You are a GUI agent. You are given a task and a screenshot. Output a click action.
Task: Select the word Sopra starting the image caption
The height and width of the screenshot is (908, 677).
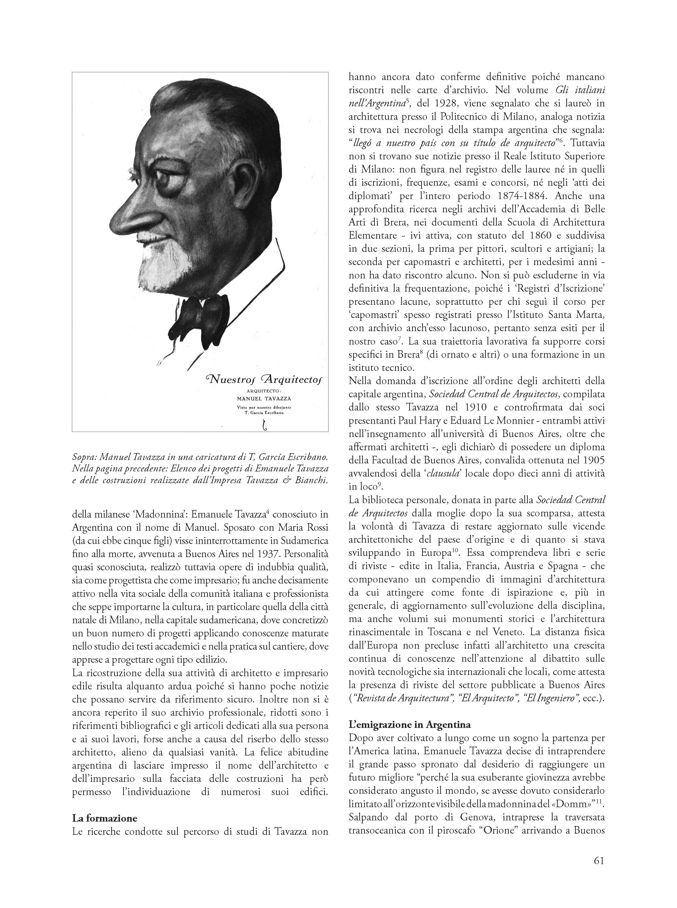84,456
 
